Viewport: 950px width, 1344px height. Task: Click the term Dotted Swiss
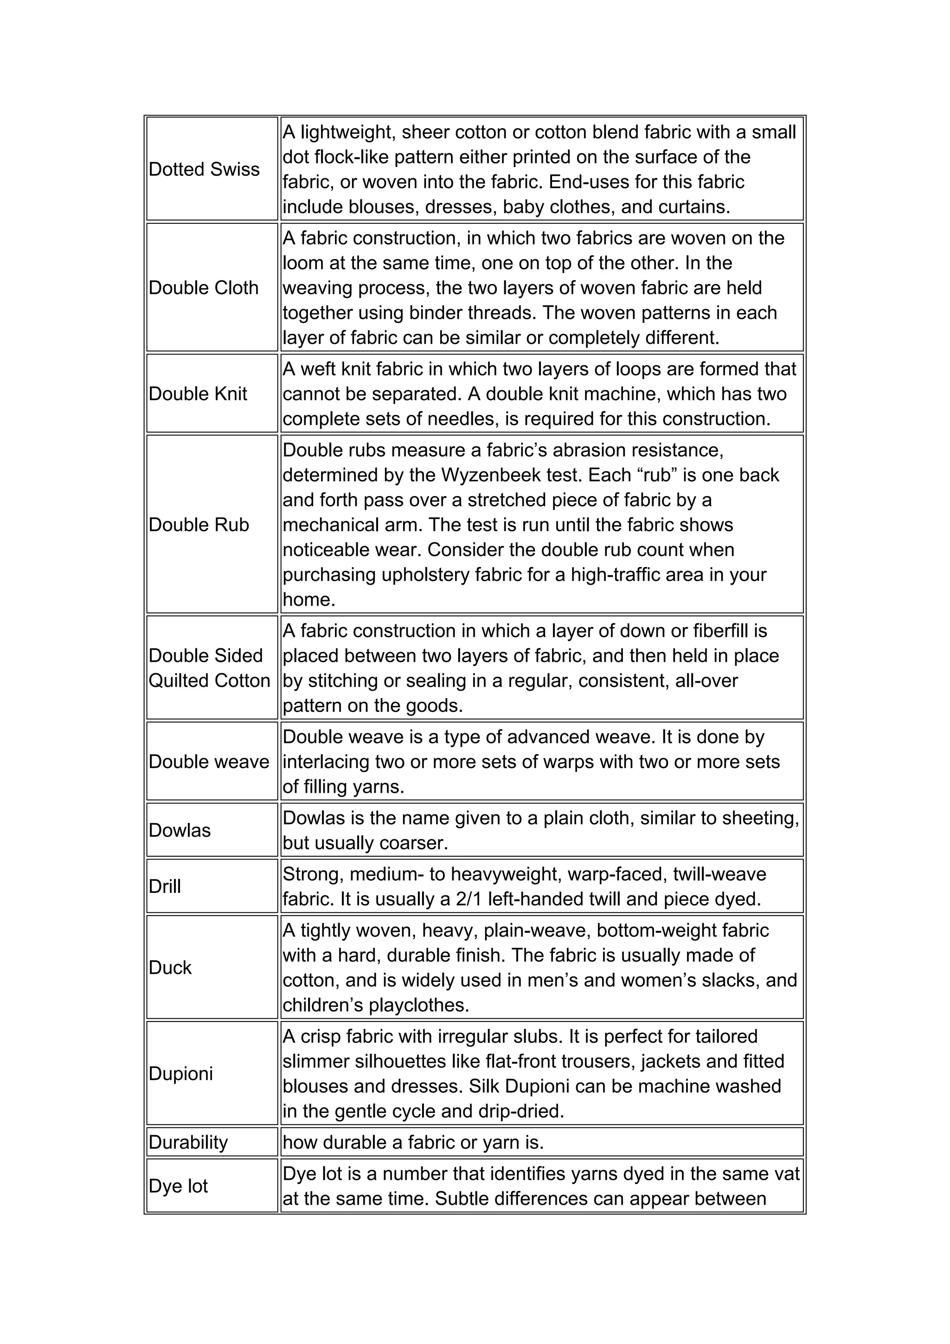click(204, 169)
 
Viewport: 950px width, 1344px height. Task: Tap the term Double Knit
click(198, 394)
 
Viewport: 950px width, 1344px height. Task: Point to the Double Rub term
click(199, 524)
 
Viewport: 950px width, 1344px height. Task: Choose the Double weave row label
click(209, 761)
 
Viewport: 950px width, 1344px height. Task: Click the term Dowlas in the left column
click(180, 830)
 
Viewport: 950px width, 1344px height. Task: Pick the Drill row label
click(165, 886)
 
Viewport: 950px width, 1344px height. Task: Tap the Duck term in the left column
click(170, 968)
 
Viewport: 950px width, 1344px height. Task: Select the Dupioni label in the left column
click(181, 1073)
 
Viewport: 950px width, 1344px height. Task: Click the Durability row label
click(188, 1142)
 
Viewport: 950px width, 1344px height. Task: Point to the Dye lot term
click(179, 1186)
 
